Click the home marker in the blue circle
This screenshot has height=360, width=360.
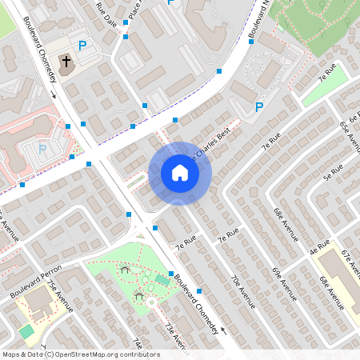[180, 173]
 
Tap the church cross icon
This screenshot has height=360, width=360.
[67, 61]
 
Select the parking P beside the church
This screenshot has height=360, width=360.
[82, 46]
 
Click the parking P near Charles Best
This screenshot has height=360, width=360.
[258, 106]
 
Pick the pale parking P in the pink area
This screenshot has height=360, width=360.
[44, 148]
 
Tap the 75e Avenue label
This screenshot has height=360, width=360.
[58, 297]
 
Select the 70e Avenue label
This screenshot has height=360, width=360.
[242, 291]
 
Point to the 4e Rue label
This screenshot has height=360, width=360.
[319, 247]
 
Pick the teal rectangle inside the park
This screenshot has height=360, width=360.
[162, 280]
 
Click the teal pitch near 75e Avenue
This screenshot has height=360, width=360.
[27, 330]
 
